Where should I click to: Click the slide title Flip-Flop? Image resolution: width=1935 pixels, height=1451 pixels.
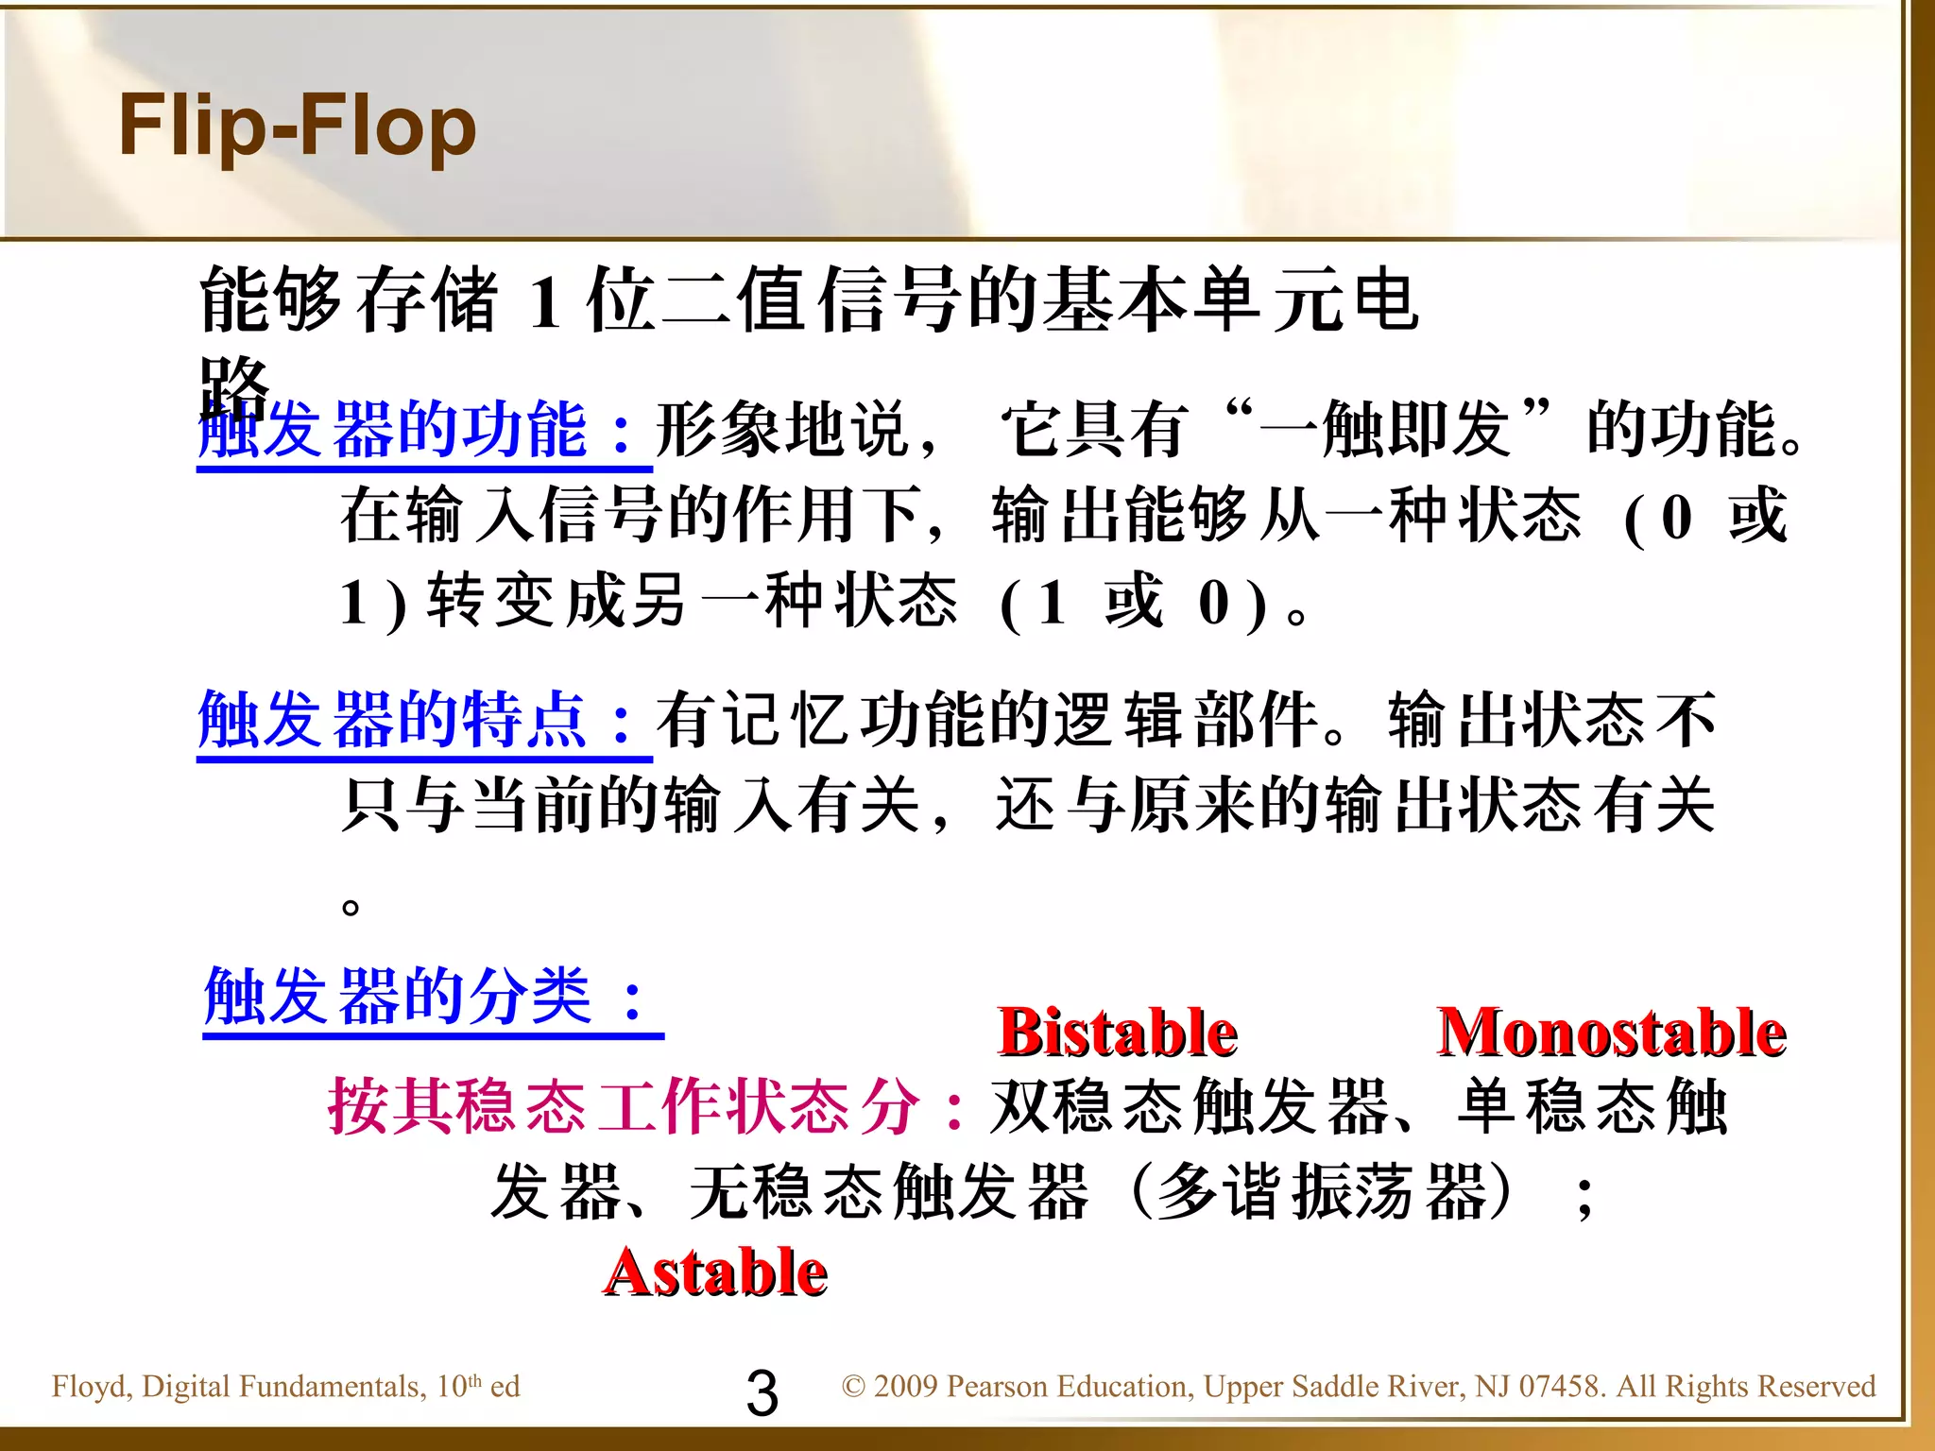pyautogui.click(x=297, y=128)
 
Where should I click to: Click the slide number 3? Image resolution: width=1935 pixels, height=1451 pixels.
pyautogui.click(x=762, y=1392)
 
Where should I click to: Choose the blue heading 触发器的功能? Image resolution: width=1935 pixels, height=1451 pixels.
pyautogui.click(x=393, y=431)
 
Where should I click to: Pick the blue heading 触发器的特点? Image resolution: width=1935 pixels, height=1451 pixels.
pyautogui.click(x=393, y=721)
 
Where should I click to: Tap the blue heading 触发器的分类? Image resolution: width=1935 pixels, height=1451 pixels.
pyautogui.click(x=398, y=998)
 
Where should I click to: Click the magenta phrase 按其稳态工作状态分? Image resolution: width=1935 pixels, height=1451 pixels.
pyautogui.click(x=624, y=1106)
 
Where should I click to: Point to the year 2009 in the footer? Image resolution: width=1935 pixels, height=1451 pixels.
pyautogui.click(x=905, y=1387)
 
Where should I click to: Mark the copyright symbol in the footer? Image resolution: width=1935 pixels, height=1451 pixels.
pyautogui.click(x=853, y=1387)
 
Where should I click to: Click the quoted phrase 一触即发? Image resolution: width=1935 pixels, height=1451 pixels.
pyautogui.click(x=1385, y=431)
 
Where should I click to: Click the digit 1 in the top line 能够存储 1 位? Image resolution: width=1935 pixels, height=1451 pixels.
pyautogui.click(x=544, y=304)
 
